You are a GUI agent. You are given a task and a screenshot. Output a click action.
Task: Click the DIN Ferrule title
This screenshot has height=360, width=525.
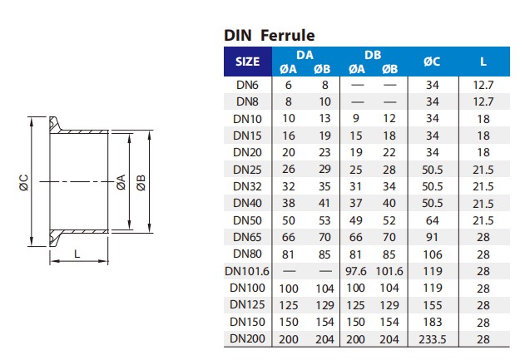269,36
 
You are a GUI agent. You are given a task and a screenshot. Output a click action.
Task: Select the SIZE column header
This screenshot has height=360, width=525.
247,62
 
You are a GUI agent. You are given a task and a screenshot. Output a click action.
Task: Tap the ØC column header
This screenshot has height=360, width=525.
432,62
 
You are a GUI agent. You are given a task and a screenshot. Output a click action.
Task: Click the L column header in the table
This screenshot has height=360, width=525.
483,62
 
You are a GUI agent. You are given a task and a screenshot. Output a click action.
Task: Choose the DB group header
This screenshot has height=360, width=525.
372,54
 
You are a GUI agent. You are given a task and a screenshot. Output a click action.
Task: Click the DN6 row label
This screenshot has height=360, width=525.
247,85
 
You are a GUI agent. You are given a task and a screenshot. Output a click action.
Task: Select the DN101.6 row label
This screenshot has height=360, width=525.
247,270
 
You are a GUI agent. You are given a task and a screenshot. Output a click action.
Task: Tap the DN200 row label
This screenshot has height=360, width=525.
247,338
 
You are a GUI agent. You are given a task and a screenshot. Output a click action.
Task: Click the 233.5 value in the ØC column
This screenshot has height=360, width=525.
432,338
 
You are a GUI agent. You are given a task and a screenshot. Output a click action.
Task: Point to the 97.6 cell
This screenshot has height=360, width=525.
356,270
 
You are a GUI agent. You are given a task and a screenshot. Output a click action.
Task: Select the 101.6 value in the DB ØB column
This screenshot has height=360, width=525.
389,270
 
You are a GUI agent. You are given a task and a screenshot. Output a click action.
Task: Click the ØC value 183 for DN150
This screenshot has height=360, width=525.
432,322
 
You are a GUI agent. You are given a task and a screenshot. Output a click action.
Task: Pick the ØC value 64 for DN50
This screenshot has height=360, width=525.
432,220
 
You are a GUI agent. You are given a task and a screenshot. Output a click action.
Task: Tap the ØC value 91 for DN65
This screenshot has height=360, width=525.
432,237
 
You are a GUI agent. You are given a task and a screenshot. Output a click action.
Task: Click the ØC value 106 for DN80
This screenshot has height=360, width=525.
432,254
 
